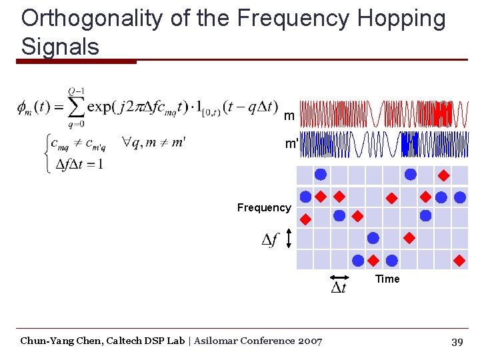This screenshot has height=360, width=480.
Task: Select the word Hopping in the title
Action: coord(401,19)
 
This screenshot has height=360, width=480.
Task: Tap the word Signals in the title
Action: coord(60,47)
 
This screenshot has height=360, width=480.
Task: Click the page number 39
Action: coord(457,342)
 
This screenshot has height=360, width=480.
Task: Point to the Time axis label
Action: coord(387,279)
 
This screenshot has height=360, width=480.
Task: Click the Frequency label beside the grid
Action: coord(264,207)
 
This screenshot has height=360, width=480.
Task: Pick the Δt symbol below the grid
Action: coord(339,288)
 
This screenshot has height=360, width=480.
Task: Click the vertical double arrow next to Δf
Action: coord(288,239)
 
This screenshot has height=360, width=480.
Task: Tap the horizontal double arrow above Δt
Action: coord(339,277)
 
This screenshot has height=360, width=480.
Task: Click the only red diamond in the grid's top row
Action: coord(443,177)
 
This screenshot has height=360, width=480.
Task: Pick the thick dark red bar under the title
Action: coord(76,62)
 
